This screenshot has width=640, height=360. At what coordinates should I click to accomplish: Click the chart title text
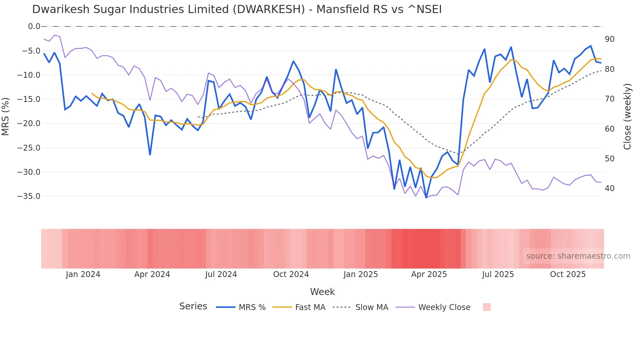(237, 9)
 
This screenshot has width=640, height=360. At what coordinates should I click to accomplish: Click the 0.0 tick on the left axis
(34, 26)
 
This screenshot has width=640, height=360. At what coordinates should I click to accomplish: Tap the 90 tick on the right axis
(610, 39)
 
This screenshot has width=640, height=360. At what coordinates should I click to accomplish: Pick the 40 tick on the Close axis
(610, 188)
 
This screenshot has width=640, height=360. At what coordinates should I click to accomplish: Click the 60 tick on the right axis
(610, 129)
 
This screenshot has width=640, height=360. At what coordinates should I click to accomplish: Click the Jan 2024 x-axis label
(83, 274)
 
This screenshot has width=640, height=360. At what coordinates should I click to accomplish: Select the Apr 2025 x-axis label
(429, 274)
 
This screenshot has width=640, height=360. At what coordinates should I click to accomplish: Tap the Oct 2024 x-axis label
(291, 274)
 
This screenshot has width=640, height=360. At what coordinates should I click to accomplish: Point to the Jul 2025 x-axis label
(498, 274)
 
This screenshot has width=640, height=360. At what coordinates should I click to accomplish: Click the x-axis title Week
(322, 292)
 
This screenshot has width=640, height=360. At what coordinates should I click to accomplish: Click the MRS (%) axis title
(6, 116)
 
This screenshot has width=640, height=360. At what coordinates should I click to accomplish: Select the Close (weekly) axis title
(627, 117)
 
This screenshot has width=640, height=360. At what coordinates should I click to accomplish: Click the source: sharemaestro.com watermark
(578, 256)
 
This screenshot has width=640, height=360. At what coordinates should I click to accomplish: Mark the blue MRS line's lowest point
(426, 198)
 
